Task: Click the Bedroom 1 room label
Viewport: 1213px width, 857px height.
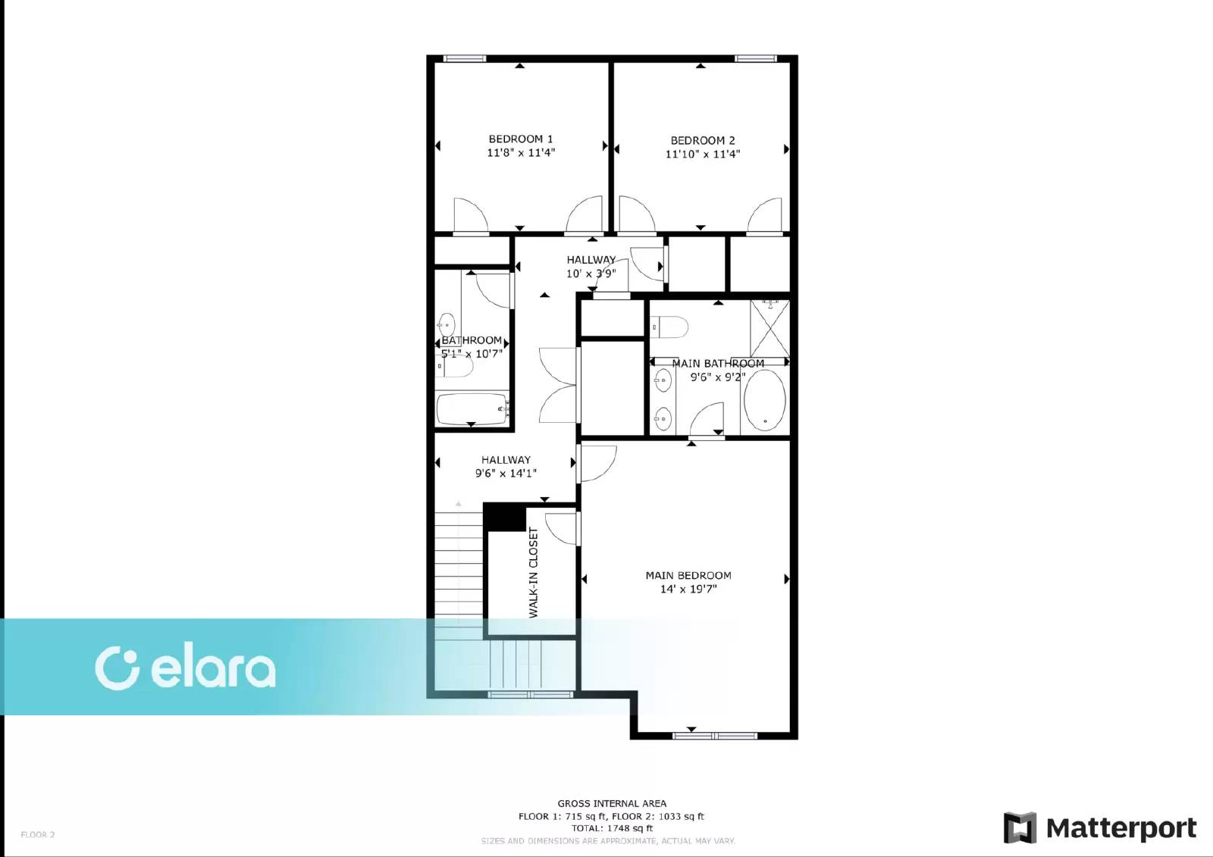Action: click(x=520, y=139)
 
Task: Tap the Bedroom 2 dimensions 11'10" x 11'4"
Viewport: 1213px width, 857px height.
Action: click(x=702, y=155)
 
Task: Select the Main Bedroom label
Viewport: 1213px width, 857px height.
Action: click(x=688, y=575)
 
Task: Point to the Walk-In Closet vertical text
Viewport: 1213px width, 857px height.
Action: click(x=534, y=573)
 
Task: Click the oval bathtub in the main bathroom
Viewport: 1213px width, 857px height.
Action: click(x=765, y=401)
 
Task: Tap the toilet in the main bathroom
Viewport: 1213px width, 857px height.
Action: click(x=669, y=327)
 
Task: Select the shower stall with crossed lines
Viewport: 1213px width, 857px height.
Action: click(x=769, y=328)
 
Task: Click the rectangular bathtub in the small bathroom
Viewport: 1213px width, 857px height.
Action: click(x=472, y=409)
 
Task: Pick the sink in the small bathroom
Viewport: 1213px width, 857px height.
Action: click(x=447, y=325)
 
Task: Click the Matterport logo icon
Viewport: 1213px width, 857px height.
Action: click(x=1020, y=827)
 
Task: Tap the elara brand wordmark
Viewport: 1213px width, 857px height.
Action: click(x=213, y=669)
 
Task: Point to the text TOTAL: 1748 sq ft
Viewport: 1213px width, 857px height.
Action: click(x=612, y=827)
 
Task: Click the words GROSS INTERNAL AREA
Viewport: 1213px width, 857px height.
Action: click(x=612, y=803)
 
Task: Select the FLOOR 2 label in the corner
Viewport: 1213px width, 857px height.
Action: click(x=38, y=835)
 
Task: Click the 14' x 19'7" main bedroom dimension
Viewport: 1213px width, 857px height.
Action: click(x=688, y=589)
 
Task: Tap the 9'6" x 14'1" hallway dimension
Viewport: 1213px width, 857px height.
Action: click(x=506, y=474)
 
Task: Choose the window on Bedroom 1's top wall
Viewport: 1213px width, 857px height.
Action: click(x=465, y=58)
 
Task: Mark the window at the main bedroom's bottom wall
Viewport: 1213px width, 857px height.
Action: click(x=714, y=736)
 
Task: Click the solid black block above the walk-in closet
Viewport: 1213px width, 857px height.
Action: click(x=504, y=517)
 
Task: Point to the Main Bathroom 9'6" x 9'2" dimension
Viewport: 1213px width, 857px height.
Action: click(x=718, y=377)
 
